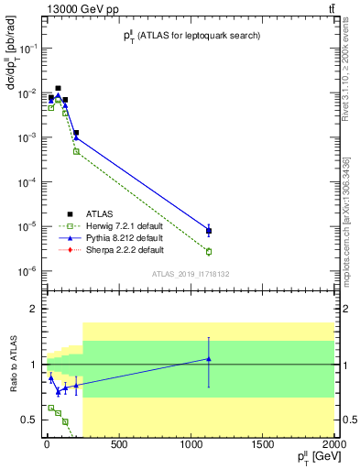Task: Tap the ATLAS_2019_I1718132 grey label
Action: (x=190, y=273)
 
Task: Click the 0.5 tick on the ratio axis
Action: (x=33, y=420)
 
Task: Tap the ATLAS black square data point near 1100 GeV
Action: (x=209, y=231)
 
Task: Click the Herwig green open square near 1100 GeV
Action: (x=209, y=251)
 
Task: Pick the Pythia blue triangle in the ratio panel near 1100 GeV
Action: (x=209, y=359)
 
